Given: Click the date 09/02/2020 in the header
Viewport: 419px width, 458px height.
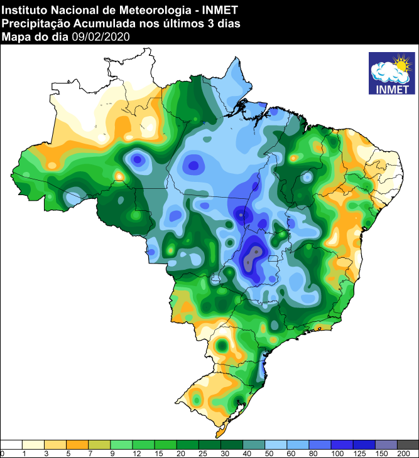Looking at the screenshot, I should click(x=101, y=37).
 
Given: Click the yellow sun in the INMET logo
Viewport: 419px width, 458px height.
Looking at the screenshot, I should click(x=400, y=64).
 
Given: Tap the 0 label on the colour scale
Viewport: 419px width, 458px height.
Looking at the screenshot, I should click(x=3, y=453).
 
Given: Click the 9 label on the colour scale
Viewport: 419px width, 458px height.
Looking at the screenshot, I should click(x=111, y=453).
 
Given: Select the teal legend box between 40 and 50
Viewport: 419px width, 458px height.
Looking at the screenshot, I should click(x=253, y=444).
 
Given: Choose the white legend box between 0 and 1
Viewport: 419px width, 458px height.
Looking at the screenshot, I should click(x=11, y=444).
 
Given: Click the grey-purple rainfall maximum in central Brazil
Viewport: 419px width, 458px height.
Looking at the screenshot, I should click(x=253, y=256).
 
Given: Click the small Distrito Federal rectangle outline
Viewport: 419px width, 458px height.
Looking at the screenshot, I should click(x=273, y=259).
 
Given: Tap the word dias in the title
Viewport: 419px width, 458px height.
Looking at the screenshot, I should click(x=224, y=23).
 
